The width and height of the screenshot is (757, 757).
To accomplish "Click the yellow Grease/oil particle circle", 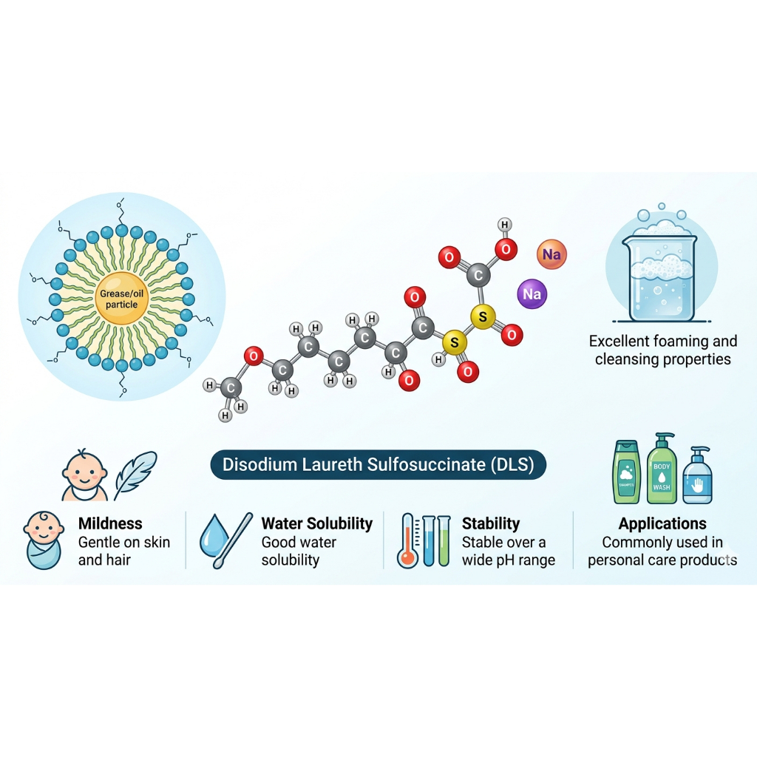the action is point(122,299).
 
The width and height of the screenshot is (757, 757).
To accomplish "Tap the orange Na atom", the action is point(551,254).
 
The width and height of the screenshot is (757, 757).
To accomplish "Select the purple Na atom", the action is point(532,293).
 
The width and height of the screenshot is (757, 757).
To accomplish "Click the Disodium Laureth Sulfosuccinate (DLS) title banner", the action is point(378,464).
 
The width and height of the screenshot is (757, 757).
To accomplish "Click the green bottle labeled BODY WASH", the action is point(662,469).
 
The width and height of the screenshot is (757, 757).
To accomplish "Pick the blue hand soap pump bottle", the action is point(698,475).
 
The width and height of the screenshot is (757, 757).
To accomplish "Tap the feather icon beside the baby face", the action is point(136,475).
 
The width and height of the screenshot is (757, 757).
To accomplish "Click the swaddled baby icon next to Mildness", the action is point(44,540).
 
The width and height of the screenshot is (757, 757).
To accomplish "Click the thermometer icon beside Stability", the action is point(408,540).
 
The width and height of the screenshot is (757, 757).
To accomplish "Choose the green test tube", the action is point(444,540).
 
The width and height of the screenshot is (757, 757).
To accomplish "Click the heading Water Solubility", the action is point(316,523).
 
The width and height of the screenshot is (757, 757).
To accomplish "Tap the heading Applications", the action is point(662,523).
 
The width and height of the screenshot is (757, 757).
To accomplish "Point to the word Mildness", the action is point(110,523).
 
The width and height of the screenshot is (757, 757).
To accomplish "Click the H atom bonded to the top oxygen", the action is point(504,225).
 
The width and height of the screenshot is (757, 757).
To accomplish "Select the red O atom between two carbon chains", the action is point(254,356).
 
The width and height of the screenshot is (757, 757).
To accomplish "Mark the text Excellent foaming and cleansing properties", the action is point(663,350).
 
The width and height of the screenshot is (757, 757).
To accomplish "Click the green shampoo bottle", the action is point(626,472).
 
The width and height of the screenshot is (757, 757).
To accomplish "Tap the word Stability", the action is point(491,523).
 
